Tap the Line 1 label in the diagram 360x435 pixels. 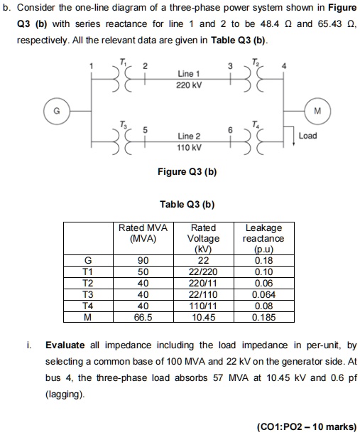[189, 74]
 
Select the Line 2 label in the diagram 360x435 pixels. [188, 136]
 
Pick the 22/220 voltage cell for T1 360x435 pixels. [204, 272]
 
